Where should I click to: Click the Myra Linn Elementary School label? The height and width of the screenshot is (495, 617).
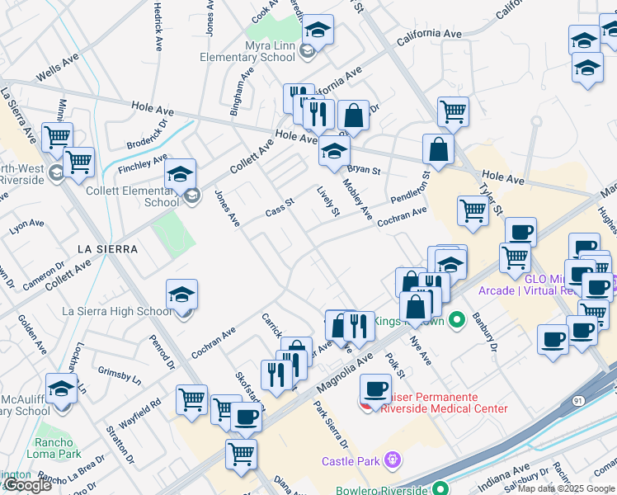pyautogui.click(x=247, y=51)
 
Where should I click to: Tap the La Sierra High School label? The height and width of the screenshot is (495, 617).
pyautogui.click(x=118, y=311)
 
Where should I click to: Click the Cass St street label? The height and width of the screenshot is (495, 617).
pyautogui.click(x=280, y=207)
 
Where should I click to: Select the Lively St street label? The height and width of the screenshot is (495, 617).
pyautogui.click(x=328, y=201)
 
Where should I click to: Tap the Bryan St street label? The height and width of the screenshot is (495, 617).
pyautogui.click(x=363, y=171)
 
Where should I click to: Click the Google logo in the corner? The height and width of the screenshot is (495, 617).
pyautogui.click(x=27, y=486)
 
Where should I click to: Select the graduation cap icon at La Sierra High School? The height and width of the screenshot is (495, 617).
pyautogui.click(x=181, y=294)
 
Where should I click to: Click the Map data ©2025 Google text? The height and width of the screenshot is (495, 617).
pyautogui.click(x=566, y=488)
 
